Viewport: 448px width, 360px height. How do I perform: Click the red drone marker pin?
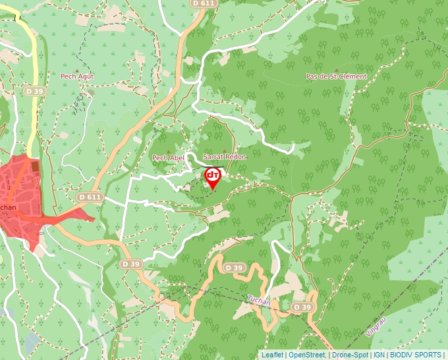click(x=212, y=176)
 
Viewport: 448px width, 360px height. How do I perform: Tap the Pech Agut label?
click(x=77, y=76)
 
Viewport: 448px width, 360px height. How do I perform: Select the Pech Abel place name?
click(x=168, y=158)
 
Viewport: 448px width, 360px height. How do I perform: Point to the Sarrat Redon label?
click(x=224, y=157)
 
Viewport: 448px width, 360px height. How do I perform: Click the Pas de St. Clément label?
click(x=336, y=76)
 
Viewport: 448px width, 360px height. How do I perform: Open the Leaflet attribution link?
click(x=272, y=355)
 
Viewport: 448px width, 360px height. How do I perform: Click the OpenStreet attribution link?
click(x=308, y=355)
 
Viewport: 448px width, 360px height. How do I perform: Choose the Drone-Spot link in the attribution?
click(x=350, y=355)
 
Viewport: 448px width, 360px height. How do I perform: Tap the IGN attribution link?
click(x=379, y=355)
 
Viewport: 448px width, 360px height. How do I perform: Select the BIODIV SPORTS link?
click(x=416, y=355)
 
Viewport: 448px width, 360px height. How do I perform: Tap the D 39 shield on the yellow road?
click(x=35, y=91)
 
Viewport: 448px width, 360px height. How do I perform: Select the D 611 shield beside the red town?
click(x=90, y=197)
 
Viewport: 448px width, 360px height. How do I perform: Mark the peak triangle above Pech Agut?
click(x=77, y=70)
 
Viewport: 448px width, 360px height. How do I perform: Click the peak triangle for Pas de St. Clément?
click(x=336, y=70)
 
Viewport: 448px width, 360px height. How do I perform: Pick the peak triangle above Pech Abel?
click(x=169, y=151)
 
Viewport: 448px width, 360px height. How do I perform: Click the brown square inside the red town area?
click(x=35, y=167)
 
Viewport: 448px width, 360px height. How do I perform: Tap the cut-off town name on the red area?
click(x=8, y=207)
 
